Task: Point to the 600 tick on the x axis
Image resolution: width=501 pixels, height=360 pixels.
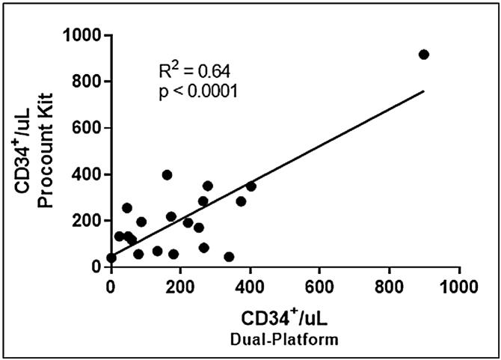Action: [x=320, y=284]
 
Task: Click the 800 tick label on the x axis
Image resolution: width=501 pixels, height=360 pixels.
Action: [x=390, y=284]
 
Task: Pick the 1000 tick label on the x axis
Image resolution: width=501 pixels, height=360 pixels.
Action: [x=459, y=284]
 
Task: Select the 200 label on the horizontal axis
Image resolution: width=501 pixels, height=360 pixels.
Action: [x=181, y=284]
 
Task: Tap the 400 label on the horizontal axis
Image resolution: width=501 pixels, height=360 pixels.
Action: [x=250, y=284]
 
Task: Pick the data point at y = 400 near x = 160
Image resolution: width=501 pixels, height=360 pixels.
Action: [x=167, y=175]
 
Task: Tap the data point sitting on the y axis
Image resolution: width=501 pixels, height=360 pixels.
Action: [x=111, y=258]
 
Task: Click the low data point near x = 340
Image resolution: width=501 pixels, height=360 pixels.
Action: [x=229, y=257]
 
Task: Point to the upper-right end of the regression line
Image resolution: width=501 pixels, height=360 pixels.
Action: [x=423, y=91]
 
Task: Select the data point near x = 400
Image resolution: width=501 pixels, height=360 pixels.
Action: [x=250, y=186]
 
